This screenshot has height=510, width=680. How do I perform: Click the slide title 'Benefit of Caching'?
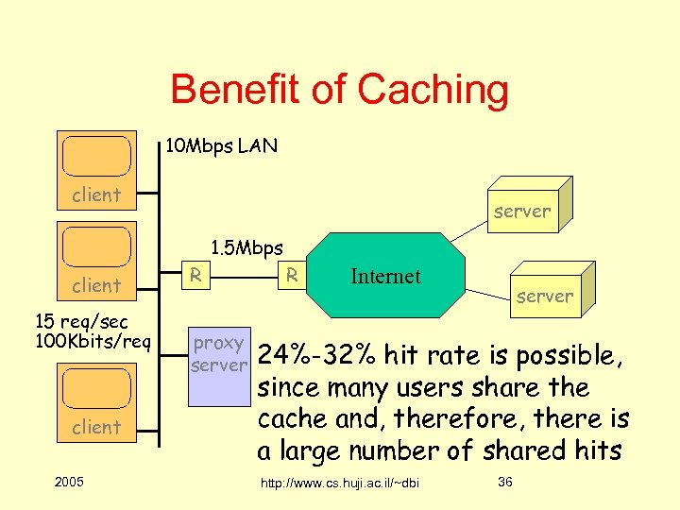pos(339,91)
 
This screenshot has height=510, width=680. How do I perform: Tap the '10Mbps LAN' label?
pos(221,146)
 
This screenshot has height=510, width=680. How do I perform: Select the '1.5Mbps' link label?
pos(246,248)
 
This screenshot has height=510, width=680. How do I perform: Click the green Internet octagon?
pos(385,277)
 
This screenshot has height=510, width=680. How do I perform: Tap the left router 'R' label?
pos(195,275)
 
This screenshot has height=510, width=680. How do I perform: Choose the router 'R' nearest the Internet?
pos(293,275)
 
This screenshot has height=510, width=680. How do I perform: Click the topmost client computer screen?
pos(96,157)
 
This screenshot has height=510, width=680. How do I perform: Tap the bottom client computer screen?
pos(96,388)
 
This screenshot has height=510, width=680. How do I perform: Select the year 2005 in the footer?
pos(70,483)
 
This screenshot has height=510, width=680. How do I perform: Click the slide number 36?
pos(505,483)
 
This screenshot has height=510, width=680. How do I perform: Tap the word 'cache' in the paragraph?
pos(292,419)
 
